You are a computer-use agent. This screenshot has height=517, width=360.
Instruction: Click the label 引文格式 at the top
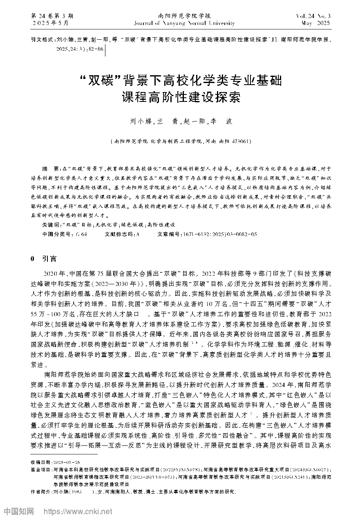point(41,41)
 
